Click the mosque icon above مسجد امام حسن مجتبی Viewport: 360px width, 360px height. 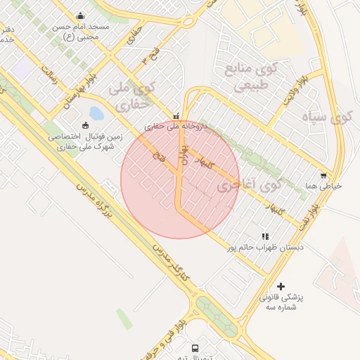80,16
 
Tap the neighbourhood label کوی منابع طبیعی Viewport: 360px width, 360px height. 250,77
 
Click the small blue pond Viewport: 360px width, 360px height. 96,112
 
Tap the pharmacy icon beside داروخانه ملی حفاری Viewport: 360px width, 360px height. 176,115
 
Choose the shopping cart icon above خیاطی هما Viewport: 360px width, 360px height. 323,175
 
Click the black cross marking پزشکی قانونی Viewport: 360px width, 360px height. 281,286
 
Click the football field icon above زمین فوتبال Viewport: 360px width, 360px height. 86,126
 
